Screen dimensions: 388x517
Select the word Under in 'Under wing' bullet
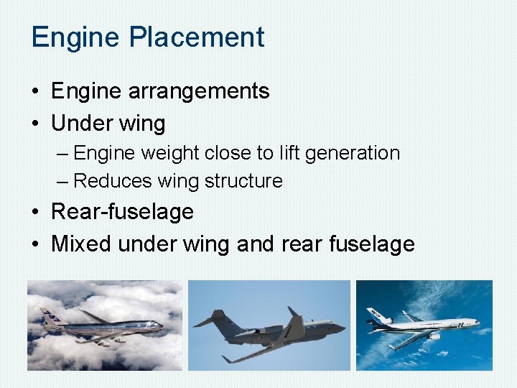click(x=78, y=123)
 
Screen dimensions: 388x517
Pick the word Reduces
click(x=108, y=181)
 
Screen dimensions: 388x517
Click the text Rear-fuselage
click(x=122, y=212)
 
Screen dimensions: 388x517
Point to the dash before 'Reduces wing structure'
click(x=64, y=181)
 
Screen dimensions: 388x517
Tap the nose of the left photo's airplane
click(x=161, y=329)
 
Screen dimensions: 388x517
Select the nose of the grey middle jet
click(x=343, y=328)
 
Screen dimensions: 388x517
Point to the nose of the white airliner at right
click(x=477, y=323)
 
